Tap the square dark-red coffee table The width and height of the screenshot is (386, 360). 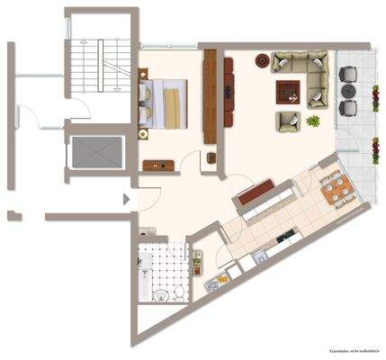[288, 92]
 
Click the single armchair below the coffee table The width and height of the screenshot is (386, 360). [288, 121]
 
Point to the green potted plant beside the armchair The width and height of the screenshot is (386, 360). [314, 120]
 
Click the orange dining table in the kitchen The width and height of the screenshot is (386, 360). [337, 190]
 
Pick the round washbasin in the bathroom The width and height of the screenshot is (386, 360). [160, 294]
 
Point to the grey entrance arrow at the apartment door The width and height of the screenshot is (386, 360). [127, 199]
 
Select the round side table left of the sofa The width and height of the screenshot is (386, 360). [262, 61]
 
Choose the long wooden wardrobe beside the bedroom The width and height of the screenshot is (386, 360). [211, 95]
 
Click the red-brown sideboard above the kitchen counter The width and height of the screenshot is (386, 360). [256, 190]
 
